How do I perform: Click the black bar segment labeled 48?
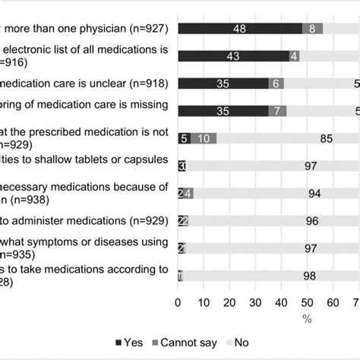point(239,28)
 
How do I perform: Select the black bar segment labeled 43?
point(232,55)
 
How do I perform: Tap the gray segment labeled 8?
point(312,28)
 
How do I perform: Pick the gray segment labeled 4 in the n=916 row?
point(294,55)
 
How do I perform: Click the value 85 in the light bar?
point(327,138)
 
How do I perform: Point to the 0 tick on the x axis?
point(178,302)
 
